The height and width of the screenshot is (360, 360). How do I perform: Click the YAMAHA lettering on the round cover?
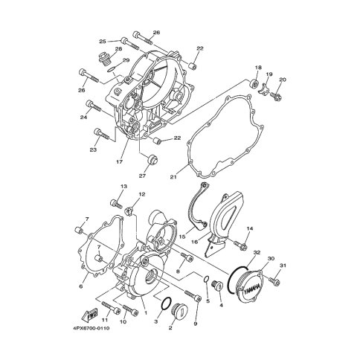click(x=251, y=289)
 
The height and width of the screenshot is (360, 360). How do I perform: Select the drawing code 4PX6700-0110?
click(x=91, y=328)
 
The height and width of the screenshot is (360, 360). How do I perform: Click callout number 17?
click(x=119, y=162)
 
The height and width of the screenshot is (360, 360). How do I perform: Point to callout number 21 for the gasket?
click(x=173, y=177)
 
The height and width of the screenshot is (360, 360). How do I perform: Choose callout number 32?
click(x=257, y=253)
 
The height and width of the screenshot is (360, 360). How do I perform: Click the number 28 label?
click(x=119, y=49)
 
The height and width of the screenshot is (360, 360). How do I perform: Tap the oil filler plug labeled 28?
click(x=102, y=58)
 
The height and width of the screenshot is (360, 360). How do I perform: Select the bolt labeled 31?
click(x=273, y=280)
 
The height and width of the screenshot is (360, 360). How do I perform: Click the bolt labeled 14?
click(x=240, y=244)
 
